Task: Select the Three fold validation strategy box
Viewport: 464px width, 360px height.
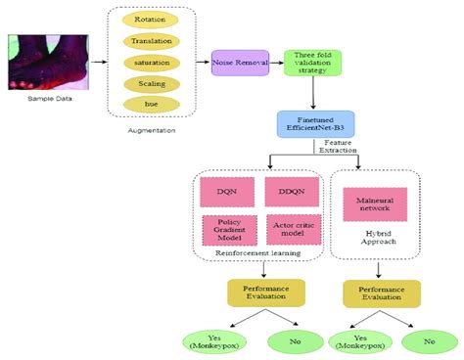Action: point(304,63)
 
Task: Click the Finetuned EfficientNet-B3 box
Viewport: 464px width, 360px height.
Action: point(314,122)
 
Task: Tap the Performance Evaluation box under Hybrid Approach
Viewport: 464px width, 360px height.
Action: point(381,293)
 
